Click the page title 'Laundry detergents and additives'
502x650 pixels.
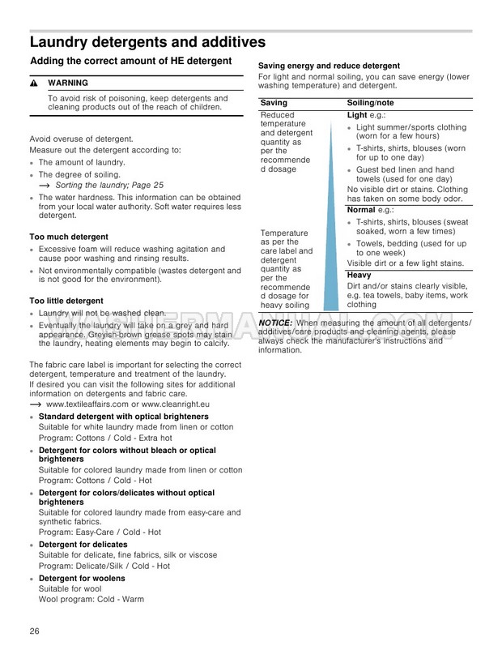click(x=147, y=42)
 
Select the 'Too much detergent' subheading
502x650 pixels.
click(x=67, y=237)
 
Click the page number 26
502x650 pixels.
click(x=34, y=631)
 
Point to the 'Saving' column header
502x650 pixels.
click(x=274, y=103)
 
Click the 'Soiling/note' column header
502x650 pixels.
click(x=370, y=103)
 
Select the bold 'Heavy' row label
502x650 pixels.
click(x=359, y=276)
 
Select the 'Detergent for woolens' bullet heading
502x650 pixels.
click(x=82, y=579)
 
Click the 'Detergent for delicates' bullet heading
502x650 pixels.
click(x=83, y=545)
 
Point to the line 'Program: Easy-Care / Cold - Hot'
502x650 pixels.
click(x=100, y=532)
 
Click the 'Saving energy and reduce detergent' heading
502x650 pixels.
click(x=329, y=66)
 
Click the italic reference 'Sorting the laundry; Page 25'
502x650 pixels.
click(x=111, y=185)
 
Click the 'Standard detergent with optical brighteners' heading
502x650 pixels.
click(x=123, y=417)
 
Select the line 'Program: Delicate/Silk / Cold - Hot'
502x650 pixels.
click(x=104, y=566)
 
